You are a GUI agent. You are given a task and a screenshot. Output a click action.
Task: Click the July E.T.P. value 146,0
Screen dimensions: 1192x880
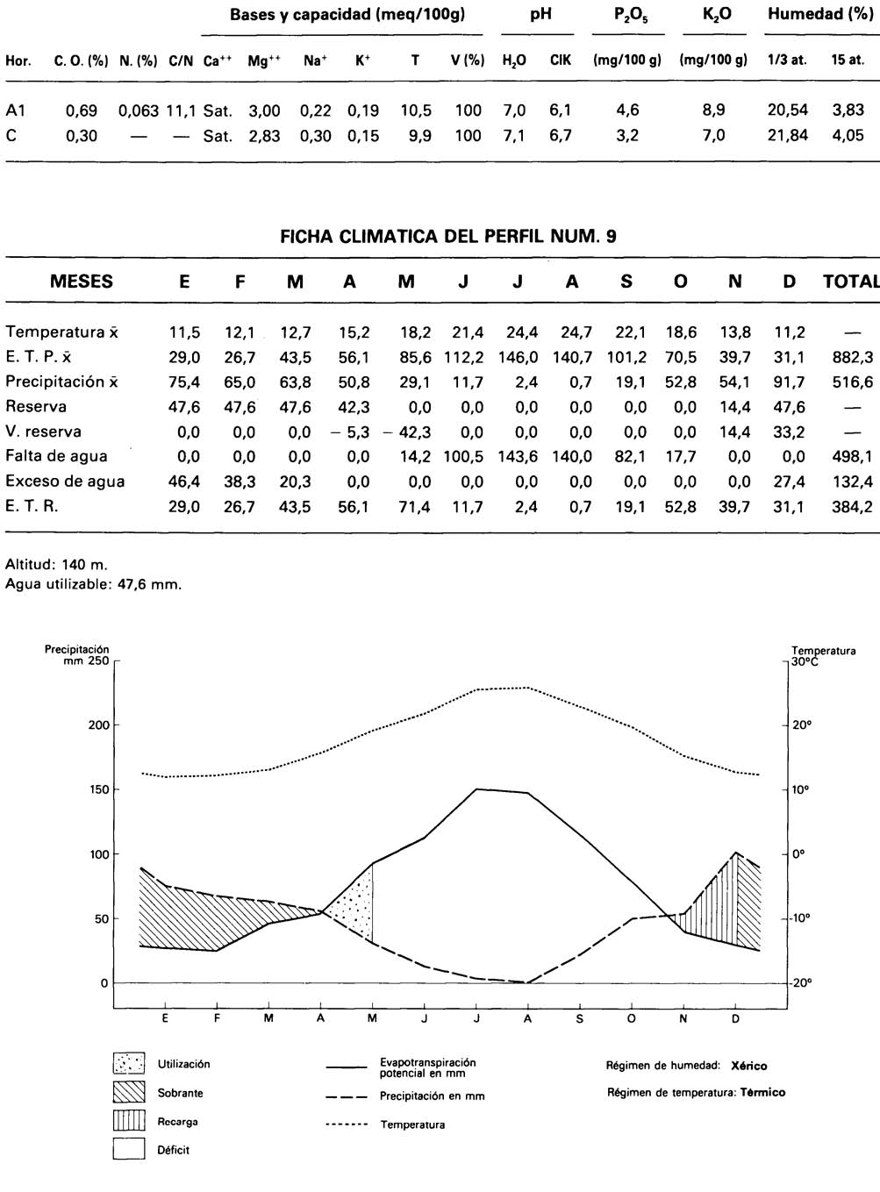click(521, 357)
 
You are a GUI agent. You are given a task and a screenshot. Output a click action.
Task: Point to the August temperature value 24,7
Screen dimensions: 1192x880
click(575, 332)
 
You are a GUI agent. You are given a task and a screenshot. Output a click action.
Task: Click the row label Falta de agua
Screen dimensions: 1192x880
click(56, 456)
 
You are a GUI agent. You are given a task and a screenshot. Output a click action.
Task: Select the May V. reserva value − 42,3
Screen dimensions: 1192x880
click(406, 432)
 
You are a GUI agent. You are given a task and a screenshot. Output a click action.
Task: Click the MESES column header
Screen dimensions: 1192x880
click(81, 282)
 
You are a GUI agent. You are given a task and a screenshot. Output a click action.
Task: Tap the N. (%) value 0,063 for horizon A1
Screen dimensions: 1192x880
click(138, 111)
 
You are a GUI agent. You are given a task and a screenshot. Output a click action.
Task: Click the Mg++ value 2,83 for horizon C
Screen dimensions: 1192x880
click(263, 136)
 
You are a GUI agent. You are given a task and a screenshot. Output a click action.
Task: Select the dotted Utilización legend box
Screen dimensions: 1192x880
click(128, 1064)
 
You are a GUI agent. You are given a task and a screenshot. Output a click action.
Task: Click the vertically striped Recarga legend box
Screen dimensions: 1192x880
click(128, 1121)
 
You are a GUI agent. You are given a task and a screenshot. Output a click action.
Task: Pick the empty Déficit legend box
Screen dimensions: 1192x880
click(128, 1149)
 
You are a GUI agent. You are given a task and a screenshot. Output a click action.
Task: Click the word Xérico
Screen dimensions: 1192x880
click(748, 1066)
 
